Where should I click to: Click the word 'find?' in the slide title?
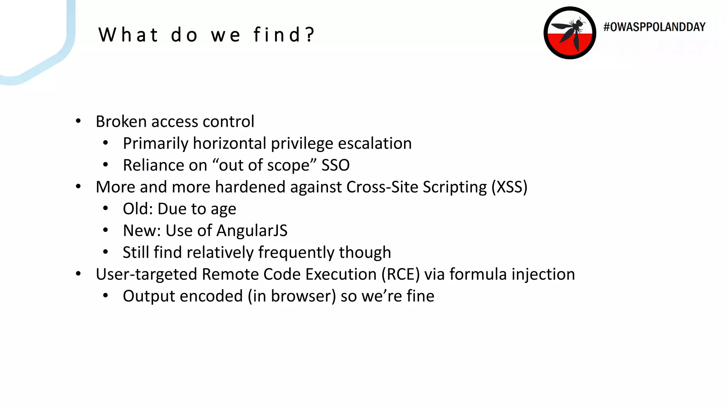(x=284, y=35)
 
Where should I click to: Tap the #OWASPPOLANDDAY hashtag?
(x=654, y=27)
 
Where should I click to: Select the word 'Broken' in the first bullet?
(x=121, y=121)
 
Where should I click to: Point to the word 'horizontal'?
(x=229, y=143)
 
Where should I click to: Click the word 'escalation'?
(x=375, y=143)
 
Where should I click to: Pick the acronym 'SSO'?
(x=335, y=165)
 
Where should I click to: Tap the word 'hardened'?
(x=250, y=187)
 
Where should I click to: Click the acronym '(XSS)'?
(x=509, y=187)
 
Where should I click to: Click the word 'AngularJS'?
(x=252, y=231)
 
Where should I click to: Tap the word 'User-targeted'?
(x=146, y=274)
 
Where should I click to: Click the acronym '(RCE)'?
(x=401, y=274)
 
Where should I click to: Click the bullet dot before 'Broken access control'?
(x=78, y=121)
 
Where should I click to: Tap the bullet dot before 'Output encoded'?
(x=105, y=296)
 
